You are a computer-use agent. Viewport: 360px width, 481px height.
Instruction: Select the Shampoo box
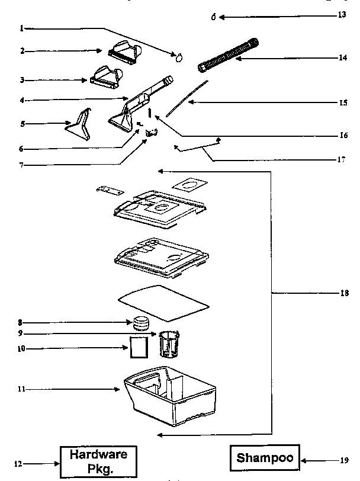coord(265,458)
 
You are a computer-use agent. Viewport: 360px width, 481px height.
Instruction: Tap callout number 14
coord(342,58)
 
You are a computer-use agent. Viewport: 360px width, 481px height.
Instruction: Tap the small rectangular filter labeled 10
coord(138,347)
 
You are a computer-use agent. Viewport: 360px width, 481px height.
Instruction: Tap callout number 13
coord(342,15)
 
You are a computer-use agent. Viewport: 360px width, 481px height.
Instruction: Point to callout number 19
coord(344,459)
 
